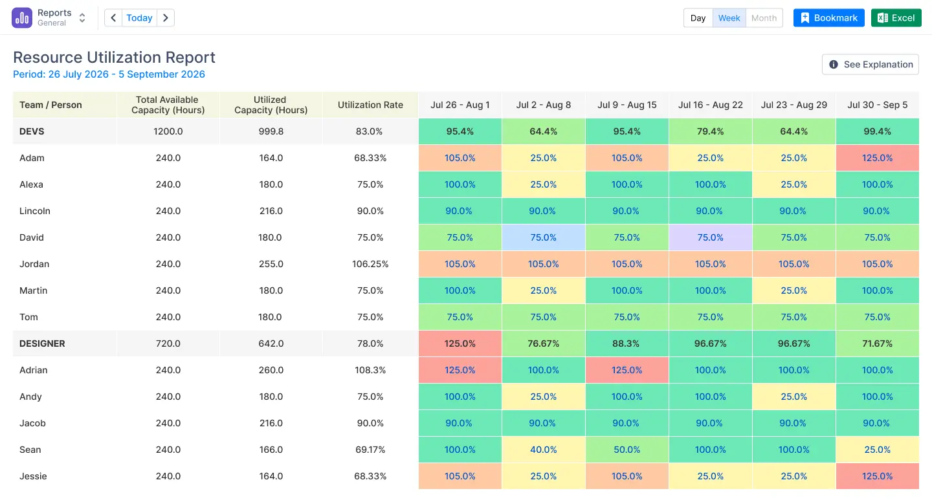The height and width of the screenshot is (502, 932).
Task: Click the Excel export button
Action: pyautogui.click(x=896, y=18)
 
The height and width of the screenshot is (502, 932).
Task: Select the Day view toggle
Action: pyautogui.click(x=698, y=18)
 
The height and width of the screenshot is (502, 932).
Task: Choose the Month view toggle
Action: pyautogui.click(x=764, y=18)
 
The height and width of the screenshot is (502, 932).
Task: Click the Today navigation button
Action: pyautogui.click(x=139, y=18)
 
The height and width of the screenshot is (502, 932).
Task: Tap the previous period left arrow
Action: pyautogui.click(x=113, y=18)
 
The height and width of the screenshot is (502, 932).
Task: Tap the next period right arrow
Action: pyautogui.click(x=166, y=18)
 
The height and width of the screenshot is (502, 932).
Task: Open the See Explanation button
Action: pyautogui.click(x=871, y=65)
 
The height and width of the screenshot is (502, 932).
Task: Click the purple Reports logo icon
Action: pyautogui.click(x=21, y=18)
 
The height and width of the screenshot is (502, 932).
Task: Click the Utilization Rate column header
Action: pyautogui.click(x=370, y=105)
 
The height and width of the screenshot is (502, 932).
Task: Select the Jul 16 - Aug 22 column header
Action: pyautogui.click(x=710, y=105)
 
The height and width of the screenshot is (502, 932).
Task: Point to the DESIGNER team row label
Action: pyautogui.click(x=42, y=344)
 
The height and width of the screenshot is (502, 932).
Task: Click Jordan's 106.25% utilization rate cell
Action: pyautogui.click(x=370, y=264)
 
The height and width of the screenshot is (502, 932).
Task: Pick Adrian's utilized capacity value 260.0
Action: pyautogui.click(x=271, y=370)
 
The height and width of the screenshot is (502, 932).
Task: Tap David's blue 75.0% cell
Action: pyautogui.click(x=543, y=237)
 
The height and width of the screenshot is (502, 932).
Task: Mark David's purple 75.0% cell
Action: pyautogui.click(x=710, y=237)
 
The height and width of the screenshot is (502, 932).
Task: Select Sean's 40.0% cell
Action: pyautogui.click(x=543, y=450)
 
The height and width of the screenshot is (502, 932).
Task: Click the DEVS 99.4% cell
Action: pyautogui.click(x=877, y=131)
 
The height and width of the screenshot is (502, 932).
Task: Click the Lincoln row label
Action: pyautogui.click(x=35, y=211)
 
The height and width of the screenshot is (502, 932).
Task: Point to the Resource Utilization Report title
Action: pyautogui.click(x=114, y=58)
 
